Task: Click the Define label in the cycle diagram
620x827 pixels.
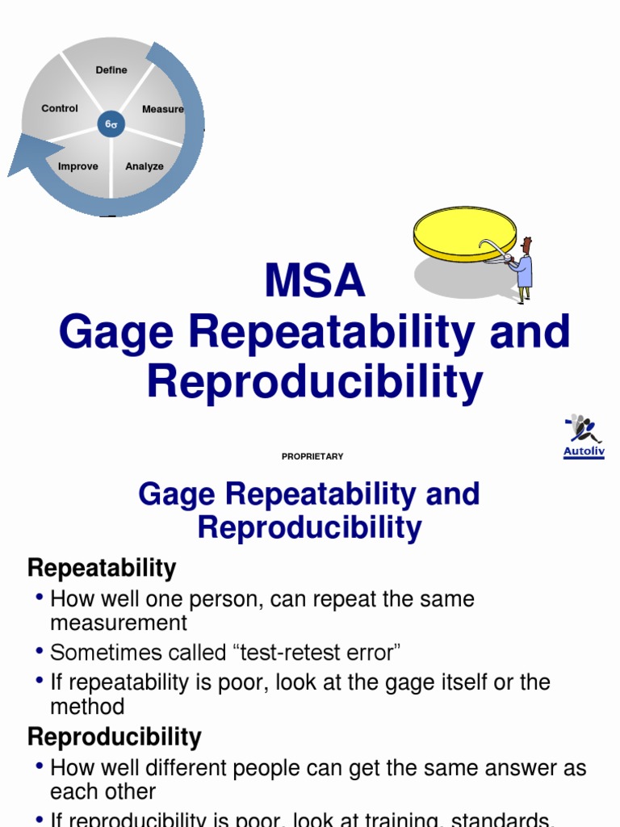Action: (x=111, y=70)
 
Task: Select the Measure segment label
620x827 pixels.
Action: (x=162, y=109)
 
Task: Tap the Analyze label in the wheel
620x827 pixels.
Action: (x=145, y=166)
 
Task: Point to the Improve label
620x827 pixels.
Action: (x=78, y=166)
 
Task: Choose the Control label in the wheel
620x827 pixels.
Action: (x=60, y=108)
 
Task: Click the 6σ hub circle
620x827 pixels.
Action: (x=111, y=125)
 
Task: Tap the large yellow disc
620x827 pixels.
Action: (x=464, y=233)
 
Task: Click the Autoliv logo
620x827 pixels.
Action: (x=584, y=436)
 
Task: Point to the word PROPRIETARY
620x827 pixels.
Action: (x=312, y=456)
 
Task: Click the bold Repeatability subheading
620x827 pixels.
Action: (x=102, y=568)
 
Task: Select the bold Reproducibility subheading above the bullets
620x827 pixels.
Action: (x=115, y=737)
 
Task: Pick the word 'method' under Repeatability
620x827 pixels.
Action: (x=87, y=707)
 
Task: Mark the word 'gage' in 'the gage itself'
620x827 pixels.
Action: (x=409, y=682)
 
